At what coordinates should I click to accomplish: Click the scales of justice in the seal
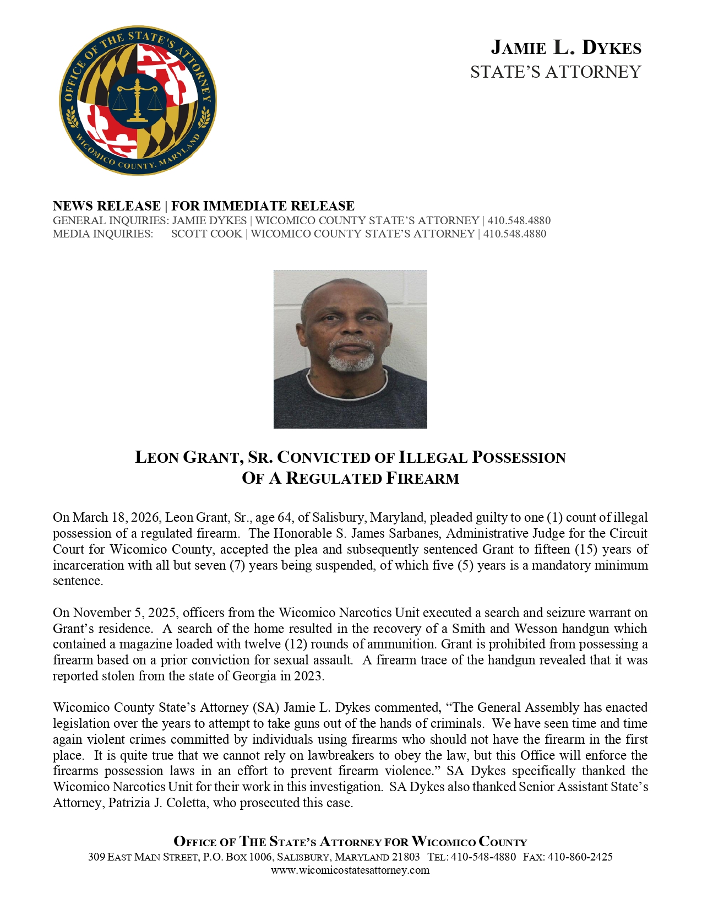[x=137, y=99]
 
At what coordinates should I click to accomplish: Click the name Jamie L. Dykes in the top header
[x=566, y=48]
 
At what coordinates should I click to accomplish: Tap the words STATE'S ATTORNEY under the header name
[x=556, y=72]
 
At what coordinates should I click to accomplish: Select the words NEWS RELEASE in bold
[x=106, y=206]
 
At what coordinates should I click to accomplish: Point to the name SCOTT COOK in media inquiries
[x=206, y=234]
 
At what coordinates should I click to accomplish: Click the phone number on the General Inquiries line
[x=519, y=220]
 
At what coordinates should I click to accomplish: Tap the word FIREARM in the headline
[x=422, y=478]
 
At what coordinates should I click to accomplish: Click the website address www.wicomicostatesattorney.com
[x=350, y=870]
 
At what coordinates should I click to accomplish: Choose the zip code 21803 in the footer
[x=406, y=857]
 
